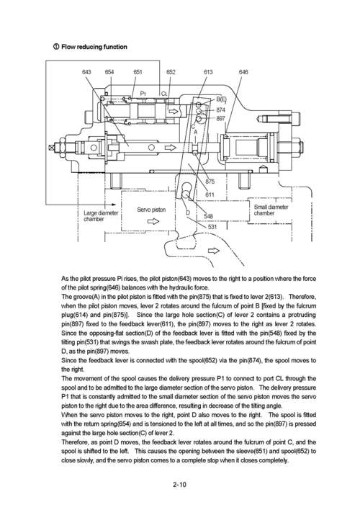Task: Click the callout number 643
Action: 86,72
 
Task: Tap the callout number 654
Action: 109,72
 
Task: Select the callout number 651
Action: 138,72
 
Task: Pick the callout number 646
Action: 243,72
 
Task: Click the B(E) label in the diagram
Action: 222,99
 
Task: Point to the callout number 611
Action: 210,195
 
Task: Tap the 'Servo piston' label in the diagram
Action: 151,210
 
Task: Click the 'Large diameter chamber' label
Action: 101,216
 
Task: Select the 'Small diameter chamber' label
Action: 271,210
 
